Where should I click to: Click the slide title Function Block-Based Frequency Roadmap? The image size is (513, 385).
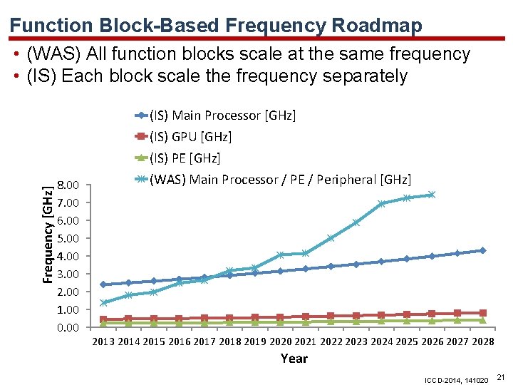[216, 26]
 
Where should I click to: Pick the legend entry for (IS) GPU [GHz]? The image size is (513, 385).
[190, 137]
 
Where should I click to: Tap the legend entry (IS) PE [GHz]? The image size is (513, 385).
[185, 158]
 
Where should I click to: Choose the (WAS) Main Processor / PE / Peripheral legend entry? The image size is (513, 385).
[280, 180]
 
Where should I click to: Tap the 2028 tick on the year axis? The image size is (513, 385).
[482, 342]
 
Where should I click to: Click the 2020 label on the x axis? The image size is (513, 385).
[281, 342]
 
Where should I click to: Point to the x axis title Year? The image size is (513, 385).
[294, 359]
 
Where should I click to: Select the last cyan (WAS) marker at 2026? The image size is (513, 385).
[431, 195]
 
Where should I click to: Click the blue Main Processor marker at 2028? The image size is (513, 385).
[482, 250]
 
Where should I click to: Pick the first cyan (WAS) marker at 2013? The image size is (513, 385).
[104, 302]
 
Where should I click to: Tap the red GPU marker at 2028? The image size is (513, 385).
[482, 313]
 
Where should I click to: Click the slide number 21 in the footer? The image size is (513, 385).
[500, 376]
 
